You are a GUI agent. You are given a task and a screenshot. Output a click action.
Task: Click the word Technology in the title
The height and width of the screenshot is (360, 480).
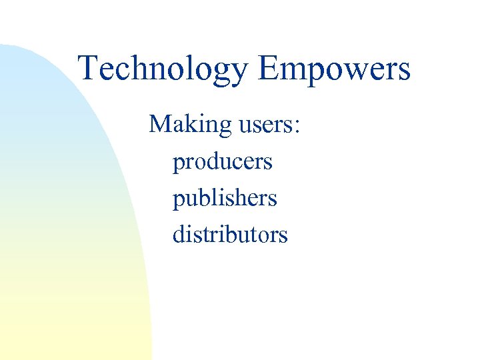tap(163, 69)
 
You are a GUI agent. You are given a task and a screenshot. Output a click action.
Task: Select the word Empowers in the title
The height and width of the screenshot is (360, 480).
tap(334, 69)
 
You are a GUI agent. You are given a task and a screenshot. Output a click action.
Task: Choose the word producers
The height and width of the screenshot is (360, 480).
tap(223, 162)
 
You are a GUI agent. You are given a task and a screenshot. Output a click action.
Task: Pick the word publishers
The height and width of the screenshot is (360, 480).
tap(225, 199)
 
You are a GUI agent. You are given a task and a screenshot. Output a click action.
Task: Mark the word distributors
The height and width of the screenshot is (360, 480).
tap(230, 235)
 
